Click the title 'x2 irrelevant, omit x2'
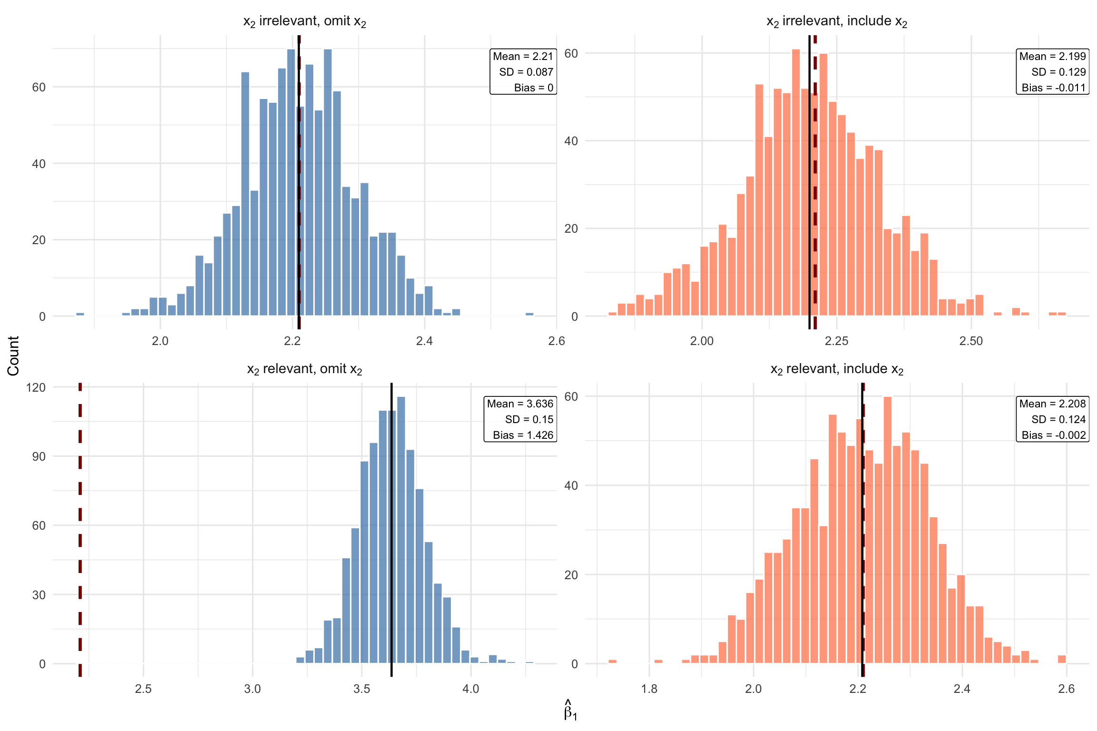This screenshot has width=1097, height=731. pyautogui.click(x=304, y=21)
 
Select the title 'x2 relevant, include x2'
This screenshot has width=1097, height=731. pyautogui.click(x=837, y=369)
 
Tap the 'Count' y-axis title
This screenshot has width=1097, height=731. pyautogui.click(x=13, y=356)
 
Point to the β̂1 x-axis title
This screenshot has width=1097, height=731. pyautogui.click(x=570, y=710)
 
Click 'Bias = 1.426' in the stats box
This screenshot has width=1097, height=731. pyautogui.click(x=523, y=435)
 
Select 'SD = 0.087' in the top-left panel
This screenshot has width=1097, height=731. pyautogui.click(x=526, y=72)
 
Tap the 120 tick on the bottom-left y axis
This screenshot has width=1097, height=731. pyautogui.click(x=36, y=387)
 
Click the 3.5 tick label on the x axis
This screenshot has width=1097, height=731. pyautogui.click(x=362, y=689)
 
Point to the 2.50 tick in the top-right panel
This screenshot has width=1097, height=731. pyautogui.click(x=971, y=341)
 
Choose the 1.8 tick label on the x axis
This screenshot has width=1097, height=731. pyautogui.click(x=649, y=689)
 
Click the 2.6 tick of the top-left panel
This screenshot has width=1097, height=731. pyautogui.click(x=556, y=341)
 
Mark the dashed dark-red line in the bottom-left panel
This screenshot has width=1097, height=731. pyautogui.click(x=80, y=524)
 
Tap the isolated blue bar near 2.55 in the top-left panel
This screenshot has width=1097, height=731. pyautogui.click(x=529, y=314)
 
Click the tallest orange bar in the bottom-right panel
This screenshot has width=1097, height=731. pyautogui.click(x=888, y=528)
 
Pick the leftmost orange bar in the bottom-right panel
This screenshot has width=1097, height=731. pyautogui.click(x=612, y=662)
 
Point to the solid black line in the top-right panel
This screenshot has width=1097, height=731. pyautogui.click(x=809, y=190)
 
